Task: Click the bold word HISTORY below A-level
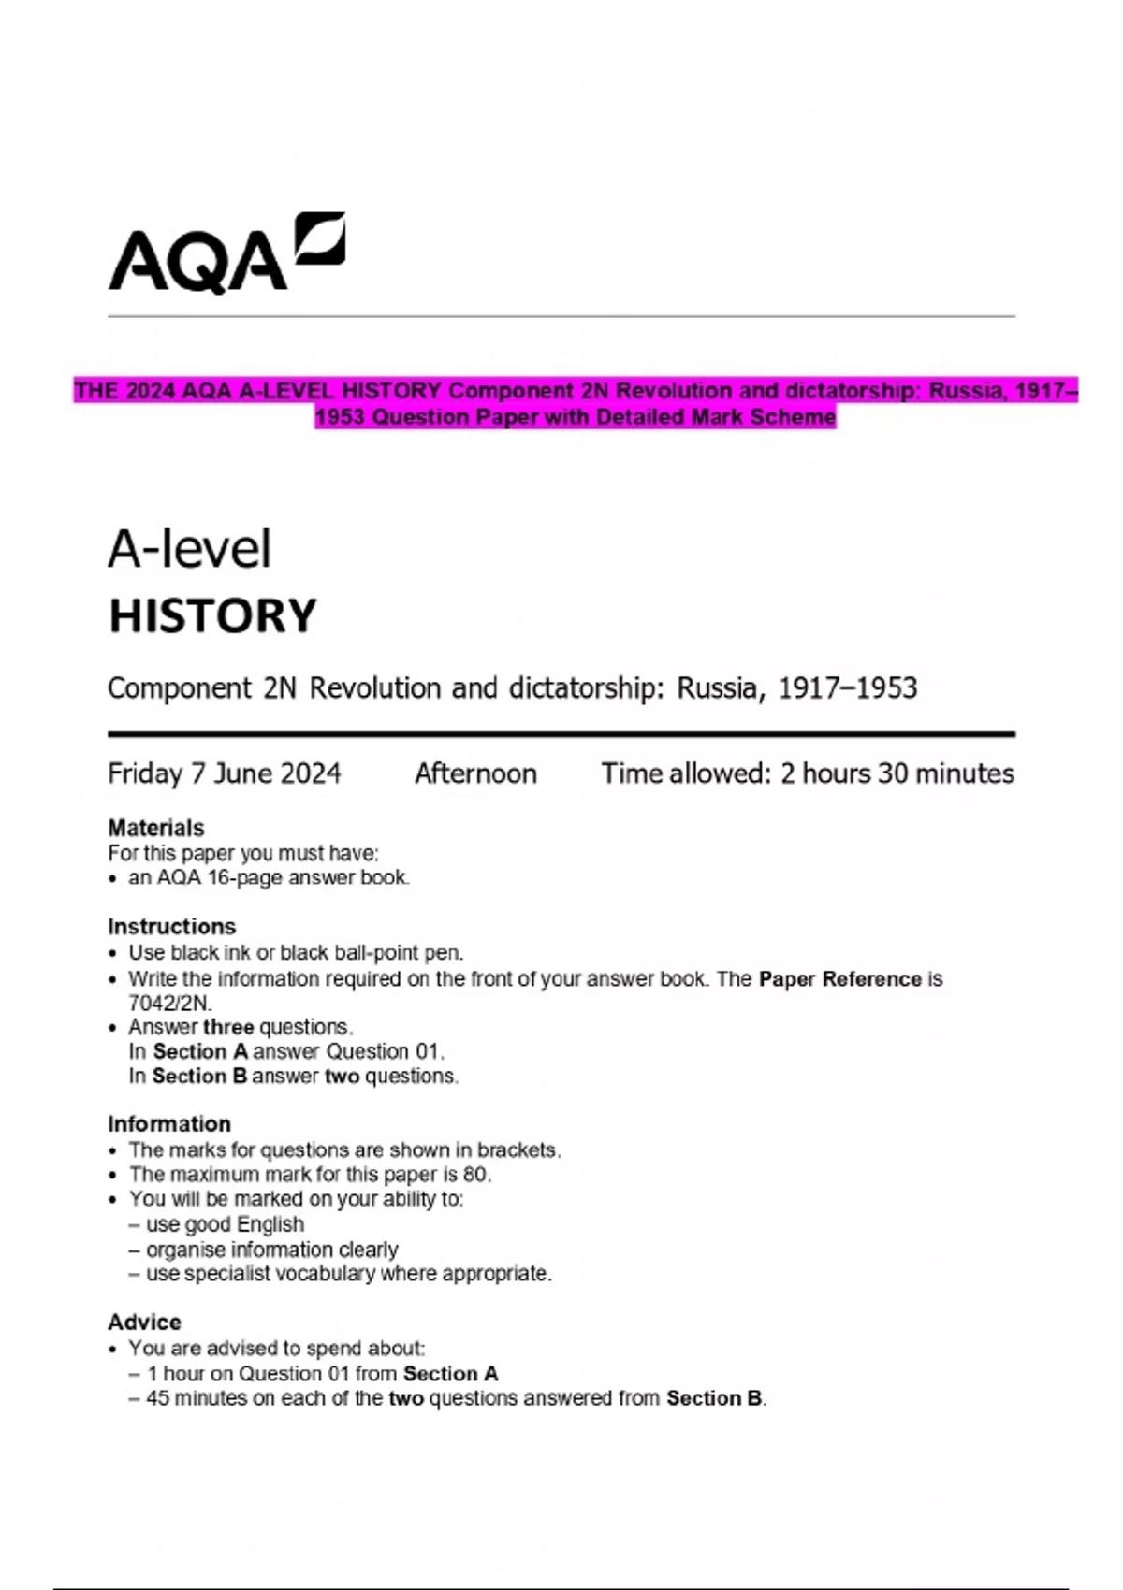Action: pos(212,616)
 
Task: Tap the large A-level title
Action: pos(190,549)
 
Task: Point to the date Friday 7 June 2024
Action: pos(225,773)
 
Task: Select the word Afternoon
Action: pos(475,773)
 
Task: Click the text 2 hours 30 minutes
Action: pos(897,773)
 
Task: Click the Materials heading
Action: pos(155,828)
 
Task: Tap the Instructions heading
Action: pos(171,926)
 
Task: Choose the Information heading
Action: pos(168,1123)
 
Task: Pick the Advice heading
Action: pos(144,1322)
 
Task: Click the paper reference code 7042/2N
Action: pos(169,1003)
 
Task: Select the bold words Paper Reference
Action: pos(839,979)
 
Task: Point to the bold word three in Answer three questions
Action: pos(228,1027)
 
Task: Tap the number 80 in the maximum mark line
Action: pos(475,1174)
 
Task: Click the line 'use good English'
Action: pos(225,1224)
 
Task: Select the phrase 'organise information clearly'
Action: pos(271,1250)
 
